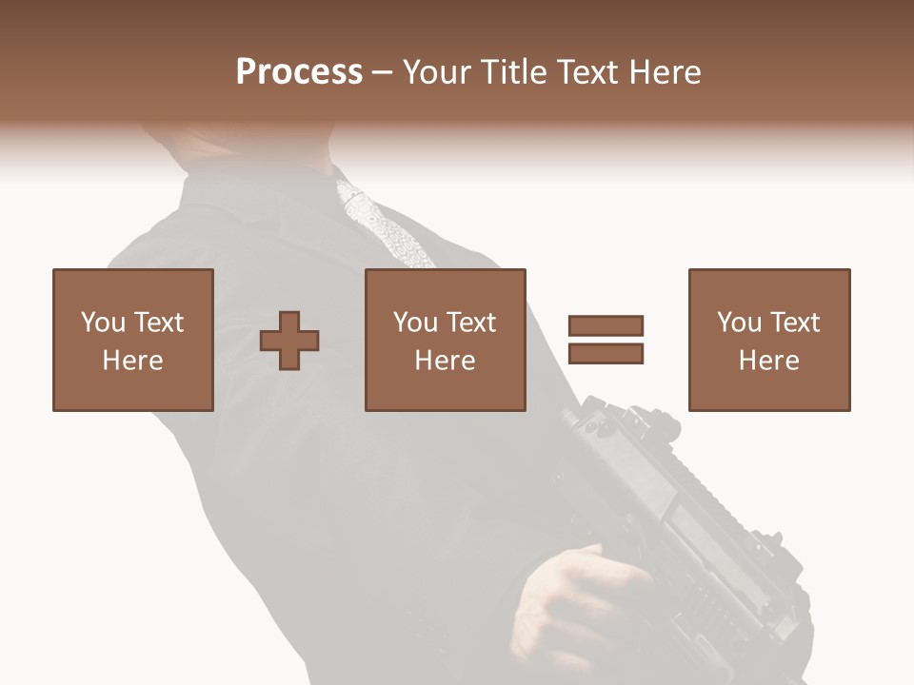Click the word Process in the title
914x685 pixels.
pyautogui.click(x=299, y=72)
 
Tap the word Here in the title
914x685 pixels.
pyautogui.click(x=664, y=72)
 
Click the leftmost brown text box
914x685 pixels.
pyautogui.click(x=133, y=340)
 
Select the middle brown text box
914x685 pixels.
pyautogui.click(x=446, y=340)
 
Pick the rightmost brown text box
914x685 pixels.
pyautogui.click(x=769, y=340)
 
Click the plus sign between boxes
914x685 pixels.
pyautogui.click(x=289, y=341)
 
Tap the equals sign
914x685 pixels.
pyautogui.click(x=606, y=340)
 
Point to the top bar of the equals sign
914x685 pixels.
pyautogui.click(x=606, y=326)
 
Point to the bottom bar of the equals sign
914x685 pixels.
pyautogui.click(x=606, y=353)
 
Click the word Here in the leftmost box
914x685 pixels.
pyautogui.click(x=133, y=361)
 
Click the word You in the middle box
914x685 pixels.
pyautogui.click(x=415, y=323)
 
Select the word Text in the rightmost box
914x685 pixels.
pyautogui.click(x=794, y=323)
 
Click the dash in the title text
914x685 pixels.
pyautogui.click(x=382, y=72)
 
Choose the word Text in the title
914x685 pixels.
pyautogui.click(x=588, y=72)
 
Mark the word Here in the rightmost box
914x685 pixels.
pyautogui.click(x=769, y=361)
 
